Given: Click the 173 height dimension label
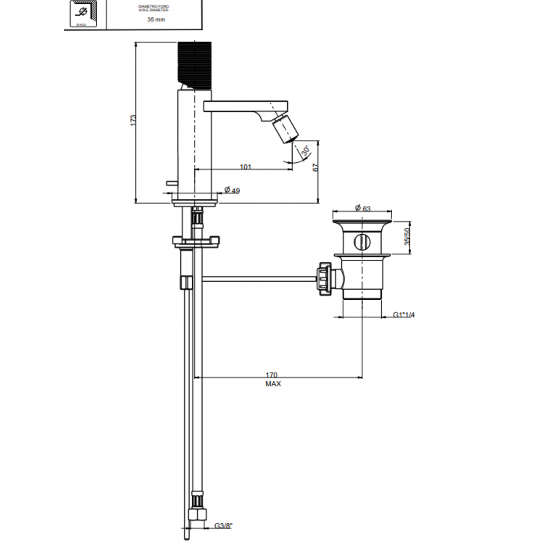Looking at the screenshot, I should [x=133, y=121].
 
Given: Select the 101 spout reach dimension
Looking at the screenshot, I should [x=245, y=167].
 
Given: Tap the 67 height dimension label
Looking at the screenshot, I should [x=316, y=167].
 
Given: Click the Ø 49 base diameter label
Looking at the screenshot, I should [x=232, y=190].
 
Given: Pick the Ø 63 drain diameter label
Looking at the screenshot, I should [x=362, y=208].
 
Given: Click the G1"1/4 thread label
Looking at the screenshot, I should [x=404, y=315].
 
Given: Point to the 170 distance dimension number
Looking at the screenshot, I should [x=272, y=375].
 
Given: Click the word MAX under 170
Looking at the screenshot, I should [x=273, y=384].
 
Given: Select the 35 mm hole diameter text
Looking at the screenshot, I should [x=156, y=19].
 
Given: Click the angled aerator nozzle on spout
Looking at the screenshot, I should [x=286, y=130].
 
